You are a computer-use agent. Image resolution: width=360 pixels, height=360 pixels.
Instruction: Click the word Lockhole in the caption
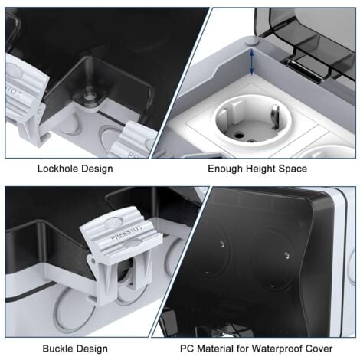pos(61,169)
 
